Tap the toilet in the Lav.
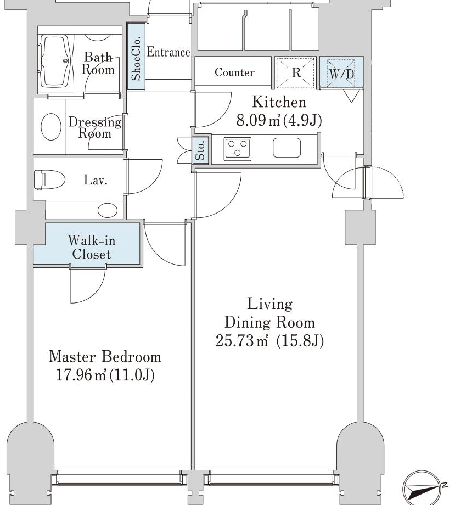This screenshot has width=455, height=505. [49, 179]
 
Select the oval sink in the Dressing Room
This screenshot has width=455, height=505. [51, 127]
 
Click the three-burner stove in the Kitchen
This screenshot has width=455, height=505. [238, 148]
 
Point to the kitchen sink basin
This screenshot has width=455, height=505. [287, 148]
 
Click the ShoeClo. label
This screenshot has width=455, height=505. [136, 58]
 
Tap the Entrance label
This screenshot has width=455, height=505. [168, 52]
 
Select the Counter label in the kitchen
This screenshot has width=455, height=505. [234, 72]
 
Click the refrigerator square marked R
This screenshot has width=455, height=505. [295, 73]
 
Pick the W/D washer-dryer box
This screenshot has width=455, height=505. [341, 73]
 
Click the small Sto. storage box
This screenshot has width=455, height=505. [200, 150]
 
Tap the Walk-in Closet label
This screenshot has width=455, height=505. [92, 248]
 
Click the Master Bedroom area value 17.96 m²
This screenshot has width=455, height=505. [81, 375]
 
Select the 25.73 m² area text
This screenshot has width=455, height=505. [242, 340]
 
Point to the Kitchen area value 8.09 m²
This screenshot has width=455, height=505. [258, 120]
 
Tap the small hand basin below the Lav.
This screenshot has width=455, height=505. [108, 210]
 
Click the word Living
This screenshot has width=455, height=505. [270, 305]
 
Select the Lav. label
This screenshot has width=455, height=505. [96, 179]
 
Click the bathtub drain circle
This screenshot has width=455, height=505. [65, 60]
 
